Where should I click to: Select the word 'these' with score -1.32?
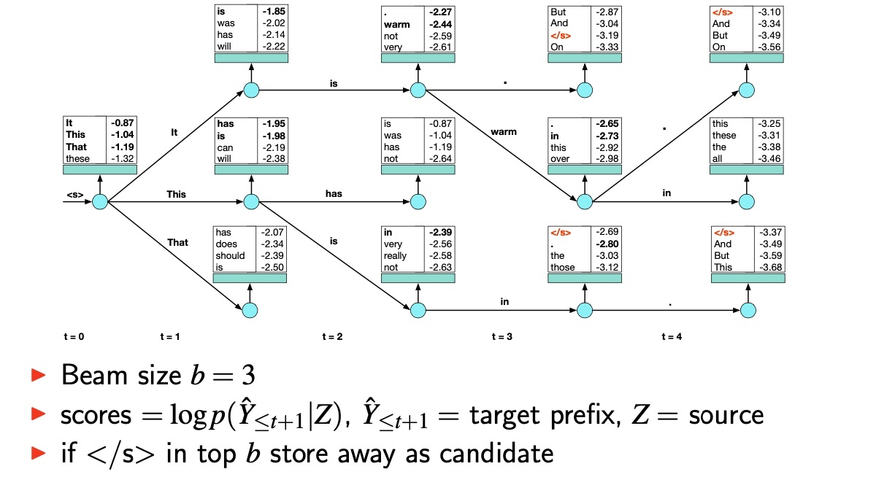coord(78,159)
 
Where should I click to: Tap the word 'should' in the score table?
coord(230,256)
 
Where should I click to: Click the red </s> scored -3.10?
coord(722,12)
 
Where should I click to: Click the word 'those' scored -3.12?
coord(563,268)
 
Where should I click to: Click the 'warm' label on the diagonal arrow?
coord(504,132)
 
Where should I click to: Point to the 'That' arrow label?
coord(177,242)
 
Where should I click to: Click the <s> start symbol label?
coord(74,195)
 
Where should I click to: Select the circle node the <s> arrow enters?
coord(100,201)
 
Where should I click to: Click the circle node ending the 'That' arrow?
coord(250,310)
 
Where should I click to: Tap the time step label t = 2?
coord(332,337)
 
